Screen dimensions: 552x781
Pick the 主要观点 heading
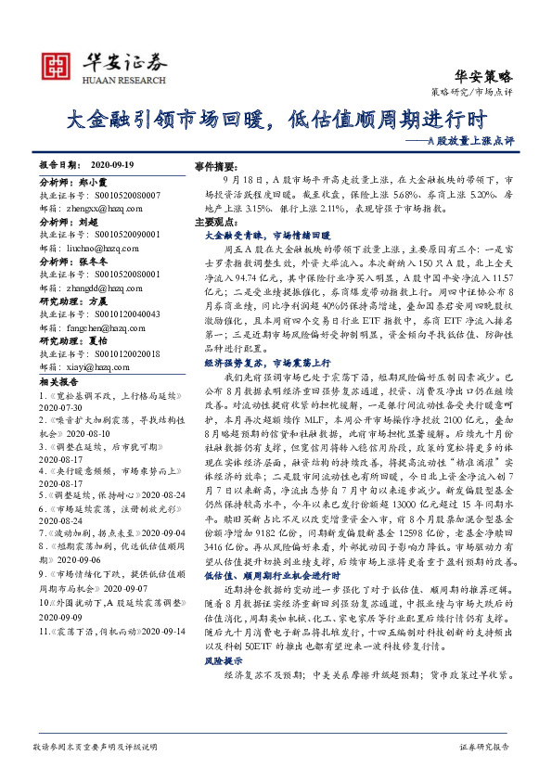(x=213, y=224)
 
